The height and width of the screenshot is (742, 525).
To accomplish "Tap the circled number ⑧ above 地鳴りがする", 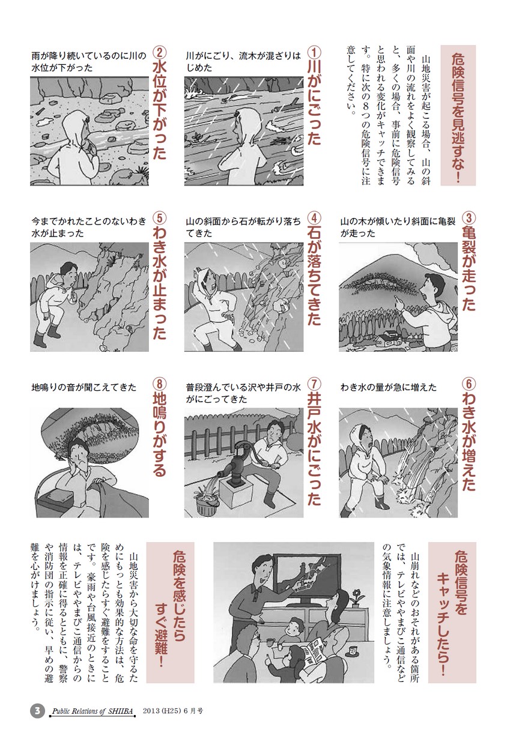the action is [x=159, y=384].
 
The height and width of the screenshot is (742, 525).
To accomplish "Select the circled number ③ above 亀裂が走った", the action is [x=469, y=218].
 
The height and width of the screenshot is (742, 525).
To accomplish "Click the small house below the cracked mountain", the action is [x=388, y=339].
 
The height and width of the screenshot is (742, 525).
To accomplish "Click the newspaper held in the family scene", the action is [x=315, y=648].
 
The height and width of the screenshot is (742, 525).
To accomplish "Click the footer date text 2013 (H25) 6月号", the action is [x=172, y=711].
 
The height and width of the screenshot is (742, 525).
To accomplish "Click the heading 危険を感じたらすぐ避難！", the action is [x=170, y=607].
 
